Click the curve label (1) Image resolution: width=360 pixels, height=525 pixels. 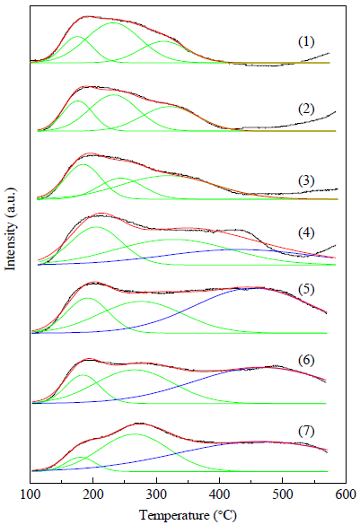pyautogui.click(x=306, y=42)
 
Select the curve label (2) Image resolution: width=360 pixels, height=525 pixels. pyautogui.click(x=306, y=109)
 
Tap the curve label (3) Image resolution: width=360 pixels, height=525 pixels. pyautogui.click(x=306, y=180)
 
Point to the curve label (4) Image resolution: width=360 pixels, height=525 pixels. pyautogui.click(x=306, y=232)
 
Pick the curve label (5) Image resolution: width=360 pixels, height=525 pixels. pyautogui.click(x=306, y=290)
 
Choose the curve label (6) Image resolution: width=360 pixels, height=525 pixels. pyautogui.click(x=306, y=361)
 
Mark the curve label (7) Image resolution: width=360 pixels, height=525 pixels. pyautogui.click(x=306, y=432)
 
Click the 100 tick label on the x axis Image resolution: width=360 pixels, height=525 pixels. pyautogui.click(x=31, y=494)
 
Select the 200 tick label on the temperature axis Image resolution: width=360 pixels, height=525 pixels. pyautogui.click(x=93, y=494)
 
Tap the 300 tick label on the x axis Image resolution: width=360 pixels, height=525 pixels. pyautogui.click(x=156, y=494)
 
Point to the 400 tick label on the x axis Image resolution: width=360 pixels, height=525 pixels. pyautogui.click(x=219, y=494)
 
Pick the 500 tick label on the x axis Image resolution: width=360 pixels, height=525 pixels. pyautogui.click(x=282, y=494)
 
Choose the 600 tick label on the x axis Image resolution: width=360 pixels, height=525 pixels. pyautogui.click(x=346, y=494)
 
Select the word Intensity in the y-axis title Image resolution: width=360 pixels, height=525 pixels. pyautogui.click(x=11, y=246)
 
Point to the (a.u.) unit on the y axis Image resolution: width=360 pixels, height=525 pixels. pyautogui.click(x=11, y=203)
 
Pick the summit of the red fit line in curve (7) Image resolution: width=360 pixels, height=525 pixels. pyautogui.click(x=138, y=424)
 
